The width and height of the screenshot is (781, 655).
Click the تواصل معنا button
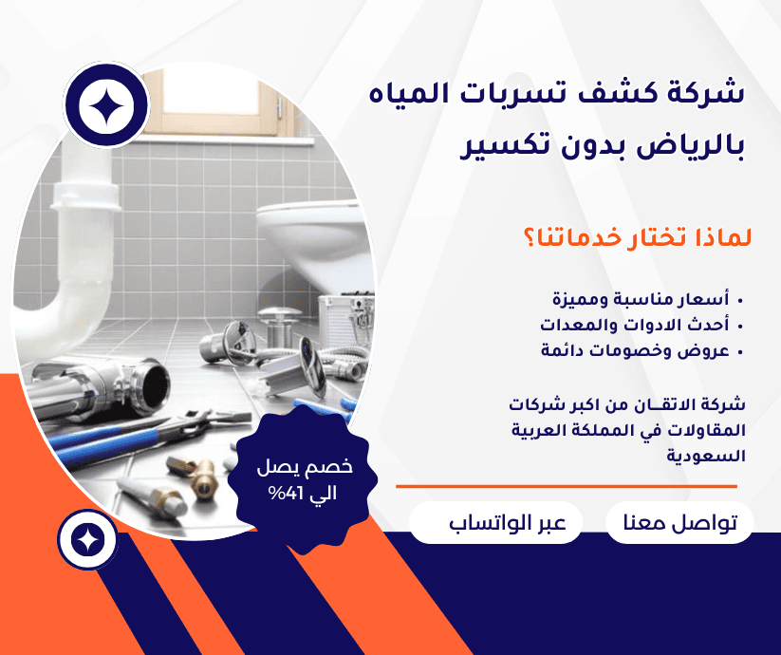click(679, 522)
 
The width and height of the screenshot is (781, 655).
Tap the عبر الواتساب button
click(495, 522)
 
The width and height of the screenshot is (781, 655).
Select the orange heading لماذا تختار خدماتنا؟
click(637, 237)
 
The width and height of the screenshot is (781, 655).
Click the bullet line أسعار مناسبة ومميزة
click(641, 299)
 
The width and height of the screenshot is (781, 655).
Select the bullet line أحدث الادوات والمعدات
click(635, 325)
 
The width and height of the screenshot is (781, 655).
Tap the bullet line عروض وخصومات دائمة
click(635, 350)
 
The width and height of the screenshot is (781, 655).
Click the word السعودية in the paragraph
click(706, 456)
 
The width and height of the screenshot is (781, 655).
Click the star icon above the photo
click(106, 105)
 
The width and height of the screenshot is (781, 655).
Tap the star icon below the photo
click(87, 540)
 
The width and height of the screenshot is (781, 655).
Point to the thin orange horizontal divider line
click(567, 486)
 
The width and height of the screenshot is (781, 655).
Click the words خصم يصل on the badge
click(305, 467)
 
